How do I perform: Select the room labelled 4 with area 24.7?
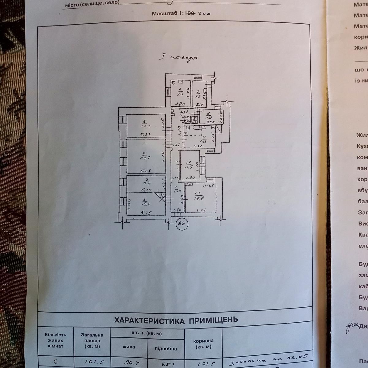point(146,156)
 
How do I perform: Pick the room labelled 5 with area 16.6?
point(146,126)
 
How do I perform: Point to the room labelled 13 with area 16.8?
point(201,198)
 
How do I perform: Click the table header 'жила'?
point(128,347)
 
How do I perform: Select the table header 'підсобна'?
point(166,348)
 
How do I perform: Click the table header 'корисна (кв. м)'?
point(203,344)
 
